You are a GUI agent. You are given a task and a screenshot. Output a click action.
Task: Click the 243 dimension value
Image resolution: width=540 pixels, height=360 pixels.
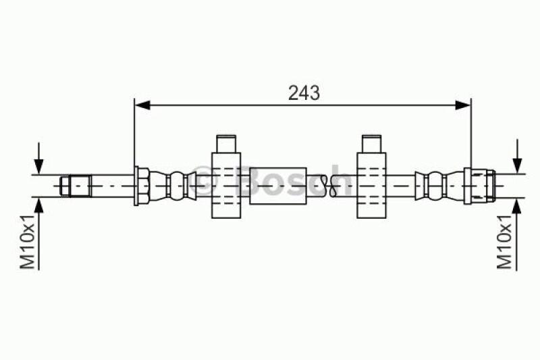[304, 92]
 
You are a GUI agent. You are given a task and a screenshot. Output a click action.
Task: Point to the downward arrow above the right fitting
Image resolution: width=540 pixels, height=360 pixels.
[518, 162]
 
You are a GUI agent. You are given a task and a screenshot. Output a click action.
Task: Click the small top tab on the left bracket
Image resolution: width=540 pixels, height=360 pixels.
[226, 145]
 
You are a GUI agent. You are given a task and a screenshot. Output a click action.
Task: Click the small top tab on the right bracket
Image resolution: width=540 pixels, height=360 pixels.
[372, 145]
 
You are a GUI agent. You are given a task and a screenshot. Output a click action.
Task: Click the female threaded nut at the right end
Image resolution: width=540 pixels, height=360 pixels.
[480, 184]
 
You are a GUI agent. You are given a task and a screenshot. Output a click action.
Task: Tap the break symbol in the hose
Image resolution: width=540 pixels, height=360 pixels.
[327, 184]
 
